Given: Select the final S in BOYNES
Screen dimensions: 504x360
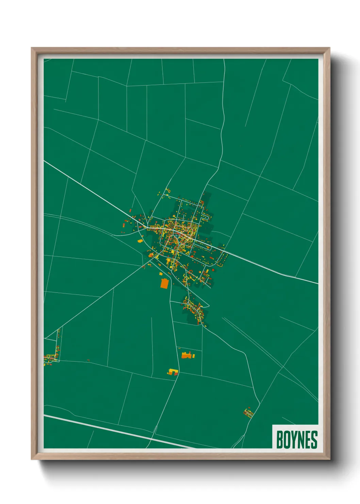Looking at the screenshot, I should coord(314,439).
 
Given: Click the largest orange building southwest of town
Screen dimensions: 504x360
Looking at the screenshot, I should coord(164,283).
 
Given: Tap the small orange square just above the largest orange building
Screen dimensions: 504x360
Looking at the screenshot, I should coord(161,273).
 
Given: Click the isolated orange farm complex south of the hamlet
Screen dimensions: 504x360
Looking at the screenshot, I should coord(187,356).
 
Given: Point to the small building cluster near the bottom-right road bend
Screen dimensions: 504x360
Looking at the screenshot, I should coord(249,413).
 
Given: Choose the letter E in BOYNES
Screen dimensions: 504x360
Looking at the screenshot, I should coord(308,439).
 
